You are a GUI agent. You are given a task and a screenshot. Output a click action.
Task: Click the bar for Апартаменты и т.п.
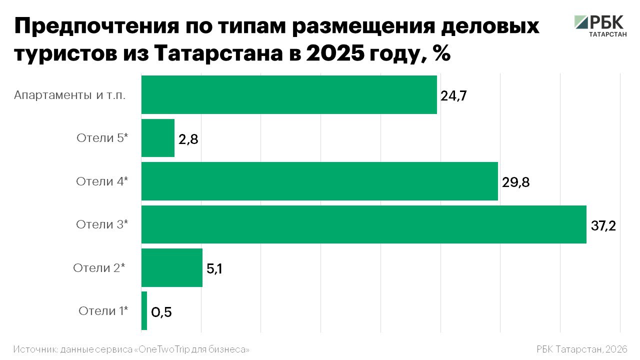click(x=289, y=94)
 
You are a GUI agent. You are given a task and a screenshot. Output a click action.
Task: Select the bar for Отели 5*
click(x=158, y=138)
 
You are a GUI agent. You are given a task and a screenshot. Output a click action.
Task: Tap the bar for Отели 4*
click(x=319, y=181)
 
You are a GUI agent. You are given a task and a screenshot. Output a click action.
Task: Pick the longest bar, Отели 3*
click(x=363, y=224)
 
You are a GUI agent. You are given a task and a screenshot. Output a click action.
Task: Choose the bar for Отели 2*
click(x=172, y=267)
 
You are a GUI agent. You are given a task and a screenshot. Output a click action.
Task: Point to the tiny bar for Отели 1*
click(x=144, y=310)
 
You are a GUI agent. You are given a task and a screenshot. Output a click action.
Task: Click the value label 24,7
click(x=453, y=96)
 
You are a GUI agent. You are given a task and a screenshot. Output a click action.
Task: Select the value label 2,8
click(x=188, y=139)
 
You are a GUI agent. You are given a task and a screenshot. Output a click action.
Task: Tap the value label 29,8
click(x=515, y=182)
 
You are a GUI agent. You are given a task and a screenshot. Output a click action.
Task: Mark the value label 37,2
click(x=603, y=226)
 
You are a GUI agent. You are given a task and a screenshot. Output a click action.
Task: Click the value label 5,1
click(x=214, y=269)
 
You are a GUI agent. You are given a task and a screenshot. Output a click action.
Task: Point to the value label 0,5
click(x=161, y=312)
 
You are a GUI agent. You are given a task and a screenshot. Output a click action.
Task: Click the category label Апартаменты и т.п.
click(x=69, y=95)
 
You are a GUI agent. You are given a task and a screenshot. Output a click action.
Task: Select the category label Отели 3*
click(x=102, y=224)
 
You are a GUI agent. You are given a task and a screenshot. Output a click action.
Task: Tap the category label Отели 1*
click(x=103, y=311)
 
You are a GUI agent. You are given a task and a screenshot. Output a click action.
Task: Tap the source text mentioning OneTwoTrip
click(x=131, y=348)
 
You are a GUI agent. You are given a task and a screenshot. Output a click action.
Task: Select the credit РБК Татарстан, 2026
click(x=581, y=348)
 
